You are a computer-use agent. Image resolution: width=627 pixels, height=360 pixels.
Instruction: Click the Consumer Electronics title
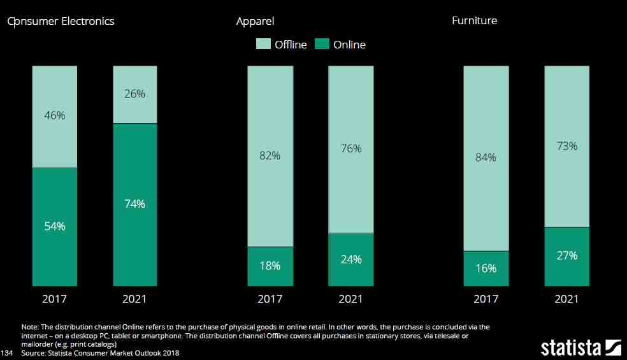tap(61, 21)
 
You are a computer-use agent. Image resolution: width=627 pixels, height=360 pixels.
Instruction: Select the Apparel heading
tap(255, 21)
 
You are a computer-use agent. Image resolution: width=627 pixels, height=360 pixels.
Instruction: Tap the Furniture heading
tap(474, 20)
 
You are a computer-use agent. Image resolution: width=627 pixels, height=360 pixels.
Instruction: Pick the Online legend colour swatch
tap(322, 44)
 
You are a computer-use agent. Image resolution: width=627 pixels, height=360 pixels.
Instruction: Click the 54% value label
tap(55, 226)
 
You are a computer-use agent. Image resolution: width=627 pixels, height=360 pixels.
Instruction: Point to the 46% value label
tap(55, 115)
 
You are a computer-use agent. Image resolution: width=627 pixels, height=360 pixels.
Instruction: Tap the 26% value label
tap(135, 94)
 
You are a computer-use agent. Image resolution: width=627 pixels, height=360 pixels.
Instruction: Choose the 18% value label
tap(270, 266)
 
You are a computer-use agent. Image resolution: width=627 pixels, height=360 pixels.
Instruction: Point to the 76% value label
tap(350, 148)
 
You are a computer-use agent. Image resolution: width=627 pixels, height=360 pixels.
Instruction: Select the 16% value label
tap(486, 268)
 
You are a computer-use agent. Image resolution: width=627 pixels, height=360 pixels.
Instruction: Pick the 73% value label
tap(566, 146)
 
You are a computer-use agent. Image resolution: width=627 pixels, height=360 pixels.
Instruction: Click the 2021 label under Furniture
tap(566, 299)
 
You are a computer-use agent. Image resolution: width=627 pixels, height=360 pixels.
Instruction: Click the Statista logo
tap(580, 348)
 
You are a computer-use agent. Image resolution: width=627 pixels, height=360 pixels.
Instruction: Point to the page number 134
tap(7, 352)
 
